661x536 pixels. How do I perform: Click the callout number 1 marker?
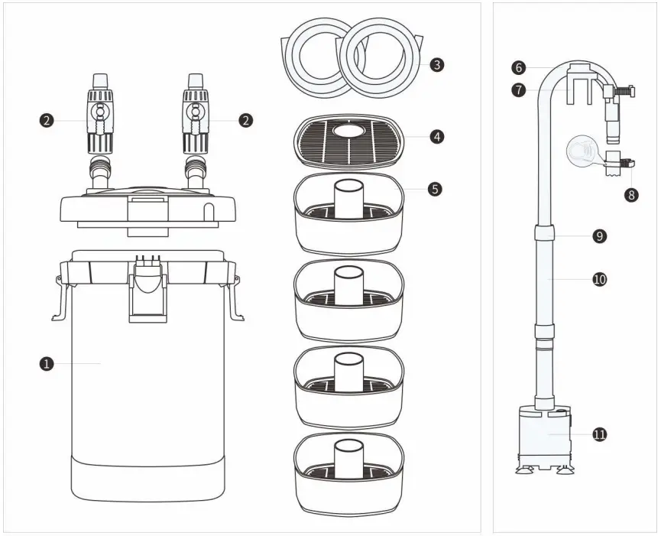pyautogui.click(x=47, y=364)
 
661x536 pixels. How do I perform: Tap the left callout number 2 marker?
pyautogui.click(x=47, y=120)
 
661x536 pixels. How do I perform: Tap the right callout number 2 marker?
pyautogui.click(x=246, y=120)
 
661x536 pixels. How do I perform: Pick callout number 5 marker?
pyautogui.click(x=435, y=189)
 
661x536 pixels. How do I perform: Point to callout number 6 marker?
pyautogui.click(x=520, y=68)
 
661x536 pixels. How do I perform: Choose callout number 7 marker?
pyautogui.click(x=520, y=90)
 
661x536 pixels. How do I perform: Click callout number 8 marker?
pyautogui.click(x=630, y=194)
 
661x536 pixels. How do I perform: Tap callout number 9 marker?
pyautogui.click(x=600, y=236)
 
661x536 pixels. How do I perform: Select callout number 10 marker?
pyautogui.click(x=600, y=279)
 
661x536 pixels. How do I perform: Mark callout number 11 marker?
pyautogui.click(x=600, y=434)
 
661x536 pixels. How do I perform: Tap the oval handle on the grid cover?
pyautogui.click(x=349, y=132)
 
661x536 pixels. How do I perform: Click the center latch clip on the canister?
pyautogui.click(x=148, y=291)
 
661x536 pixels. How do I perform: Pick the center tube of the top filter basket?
pyautogui.click(x=349, y=197)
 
